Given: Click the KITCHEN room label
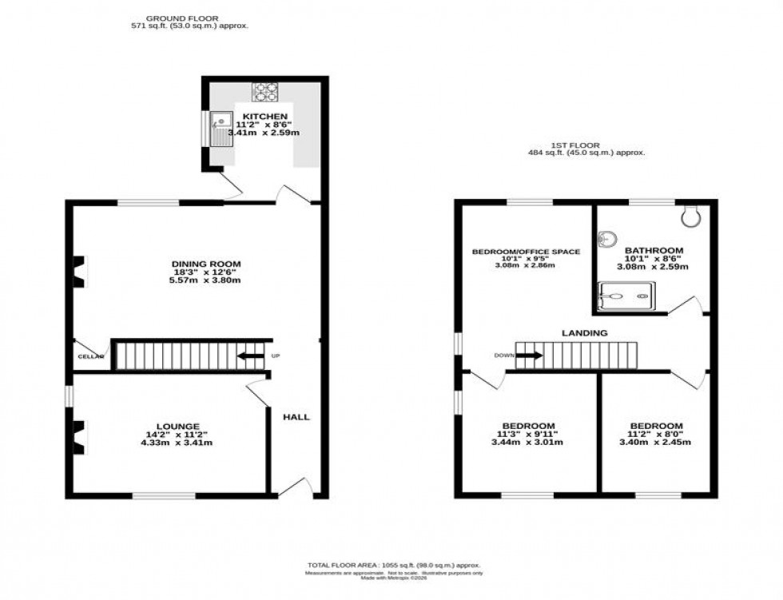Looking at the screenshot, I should [264, 117].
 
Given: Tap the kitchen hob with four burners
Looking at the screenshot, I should [264, 92].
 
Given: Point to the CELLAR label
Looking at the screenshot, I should [91, 356].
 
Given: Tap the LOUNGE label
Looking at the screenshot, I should [178, 426].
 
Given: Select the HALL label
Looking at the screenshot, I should [296, 416].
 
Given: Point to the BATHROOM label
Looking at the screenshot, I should [654, 250].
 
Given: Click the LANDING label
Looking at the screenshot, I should [584, 332].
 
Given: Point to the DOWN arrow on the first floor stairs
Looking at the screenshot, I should [529, 356].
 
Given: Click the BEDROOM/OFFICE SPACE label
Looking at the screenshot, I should [526, 252].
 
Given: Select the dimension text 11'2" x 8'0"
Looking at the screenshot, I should [656, 434].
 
